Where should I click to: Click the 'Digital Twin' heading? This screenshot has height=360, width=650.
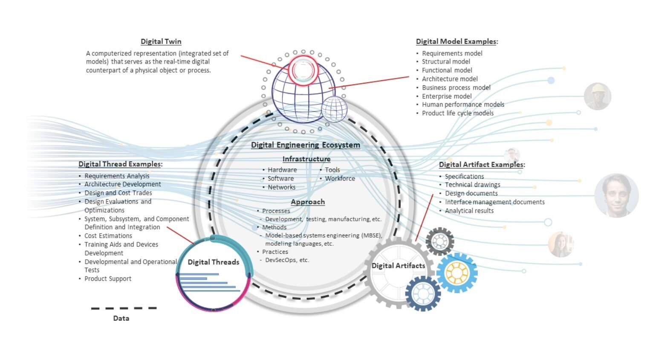tap(161, 41)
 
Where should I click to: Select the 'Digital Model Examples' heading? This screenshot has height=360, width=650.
tap(456, 41)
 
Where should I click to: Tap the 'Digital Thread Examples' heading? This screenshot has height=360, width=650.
tap(120, 164)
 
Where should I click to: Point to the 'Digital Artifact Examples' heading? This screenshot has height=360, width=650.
tap(482, 165)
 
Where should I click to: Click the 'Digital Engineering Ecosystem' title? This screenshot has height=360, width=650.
tap(305, 145)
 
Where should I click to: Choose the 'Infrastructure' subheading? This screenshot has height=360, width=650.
tap(306, 159)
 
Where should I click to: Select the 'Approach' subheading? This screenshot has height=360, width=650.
tap(308, 202)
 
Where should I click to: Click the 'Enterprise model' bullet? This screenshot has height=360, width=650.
tap(446, 96)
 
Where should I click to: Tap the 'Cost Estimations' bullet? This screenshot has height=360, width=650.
tap(108, 236)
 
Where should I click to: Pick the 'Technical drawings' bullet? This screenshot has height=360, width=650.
tap(472, 185)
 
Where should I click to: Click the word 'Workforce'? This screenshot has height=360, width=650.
tap(340, 179)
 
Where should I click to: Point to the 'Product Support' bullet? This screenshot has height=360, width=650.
tap(107, 279)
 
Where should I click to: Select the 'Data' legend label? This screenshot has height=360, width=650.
tap(121, 318)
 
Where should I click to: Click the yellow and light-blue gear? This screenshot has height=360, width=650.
tap(456, 273)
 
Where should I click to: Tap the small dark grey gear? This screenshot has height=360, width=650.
tap(439, 241)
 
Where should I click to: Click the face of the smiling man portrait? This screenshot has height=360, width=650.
tap(616, 195)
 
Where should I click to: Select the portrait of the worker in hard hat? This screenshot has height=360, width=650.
tap(597, 96)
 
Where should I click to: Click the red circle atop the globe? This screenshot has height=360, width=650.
tap(303, 70)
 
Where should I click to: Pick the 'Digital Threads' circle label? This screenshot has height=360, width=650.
tap(213, 262)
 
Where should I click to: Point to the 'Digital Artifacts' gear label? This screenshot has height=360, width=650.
tap(398, 266)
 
